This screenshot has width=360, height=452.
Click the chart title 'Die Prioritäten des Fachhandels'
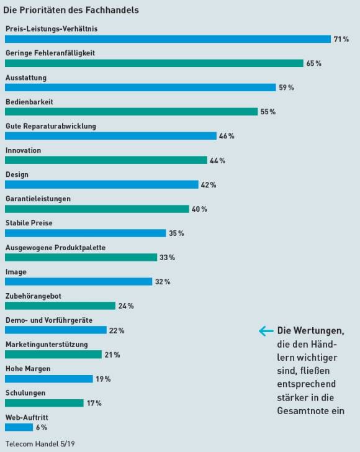click(71, 10)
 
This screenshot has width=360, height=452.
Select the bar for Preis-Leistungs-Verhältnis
click(168, 39)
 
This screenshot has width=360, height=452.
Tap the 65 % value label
click(314, 63)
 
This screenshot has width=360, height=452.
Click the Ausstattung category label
click(26, 78)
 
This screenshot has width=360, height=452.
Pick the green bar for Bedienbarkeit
click(131, 112)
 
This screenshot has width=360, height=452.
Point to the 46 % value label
click(227, 136)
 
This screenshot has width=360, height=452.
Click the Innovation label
click(23, 150)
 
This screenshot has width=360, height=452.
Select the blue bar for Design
click(101, 184)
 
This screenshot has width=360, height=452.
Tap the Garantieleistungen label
click(38, 199)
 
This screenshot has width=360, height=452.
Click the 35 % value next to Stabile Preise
click(176, 233)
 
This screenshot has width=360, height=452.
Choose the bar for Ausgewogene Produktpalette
click(81, 257)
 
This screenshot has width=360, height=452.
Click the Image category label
click(16, 272)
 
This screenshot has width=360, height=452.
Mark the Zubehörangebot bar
click(60, 305)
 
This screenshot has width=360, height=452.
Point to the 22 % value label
click(117, 330)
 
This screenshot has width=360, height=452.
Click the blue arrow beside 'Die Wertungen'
click(266, 331)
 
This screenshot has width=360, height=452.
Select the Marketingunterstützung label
click(47, 345)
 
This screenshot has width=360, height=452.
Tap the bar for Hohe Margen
click(48, 379)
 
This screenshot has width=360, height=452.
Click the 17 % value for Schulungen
click(94, 403)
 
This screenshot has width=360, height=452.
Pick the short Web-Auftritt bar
click(19, 427)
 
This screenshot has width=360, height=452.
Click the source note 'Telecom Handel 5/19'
click(40, 444)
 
